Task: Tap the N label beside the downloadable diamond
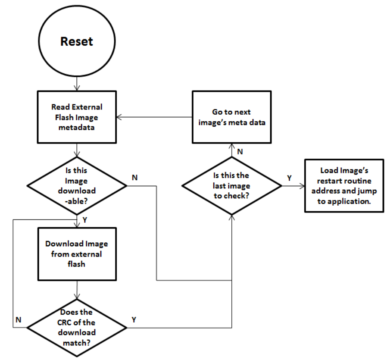click(134, 178)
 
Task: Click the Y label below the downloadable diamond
click(85, 220)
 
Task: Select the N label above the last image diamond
click(240, 152)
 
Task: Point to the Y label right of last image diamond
click(289, 178)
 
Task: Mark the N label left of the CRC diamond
click(18, 320)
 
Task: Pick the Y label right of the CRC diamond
click(134, 320)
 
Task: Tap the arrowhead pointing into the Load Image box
click(302, 186)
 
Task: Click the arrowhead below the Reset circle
click(77, 88)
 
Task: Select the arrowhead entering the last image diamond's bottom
click(232, 218)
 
